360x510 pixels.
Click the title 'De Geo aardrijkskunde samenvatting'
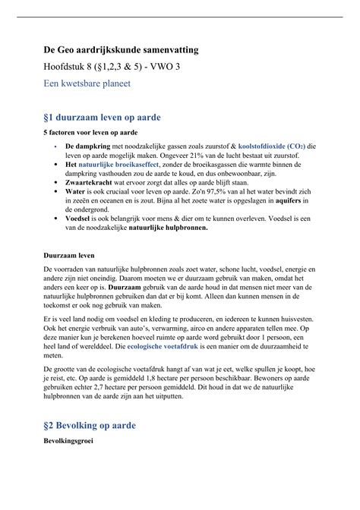[121, 49]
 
